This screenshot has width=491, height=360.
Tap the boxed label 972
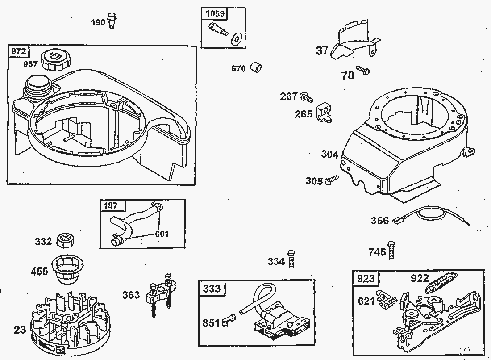[x=18, y=51]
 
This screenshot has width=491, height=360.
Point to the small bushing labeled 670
[x=256, y=67]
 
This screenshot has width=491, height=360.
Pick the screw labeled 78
[x=363, y=71]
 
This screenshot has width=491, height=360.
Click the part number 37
[x=322, y=50]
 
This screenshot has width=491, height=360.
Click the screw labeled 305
[x=332, y=180]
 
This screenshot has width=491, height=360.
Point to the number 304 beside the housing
[x=329, y=154]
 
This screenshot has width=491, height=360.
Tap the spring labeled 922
[x=440, y=283]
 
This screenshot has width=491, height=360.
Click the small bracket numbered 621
[x=384, y=299]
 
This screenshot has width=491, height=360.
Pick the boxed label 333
[x=212, y=288]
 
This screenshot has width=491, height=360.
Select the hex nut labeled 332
[x=66, y=242]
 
